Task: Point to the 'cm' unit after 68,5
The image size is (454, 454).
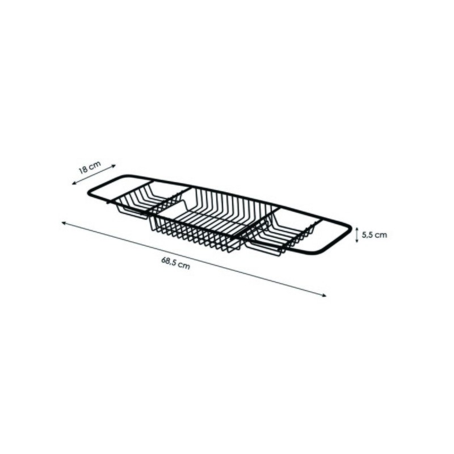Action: [x=183, y=266]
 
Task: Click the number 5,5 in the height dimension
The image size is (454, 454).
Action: [x=367, y=235]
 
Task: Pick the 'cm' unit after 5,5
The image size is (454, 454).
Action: [x=381, y=235]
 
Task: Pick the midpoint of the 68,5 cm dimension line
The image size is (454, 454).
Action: [x=194, y=259]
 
